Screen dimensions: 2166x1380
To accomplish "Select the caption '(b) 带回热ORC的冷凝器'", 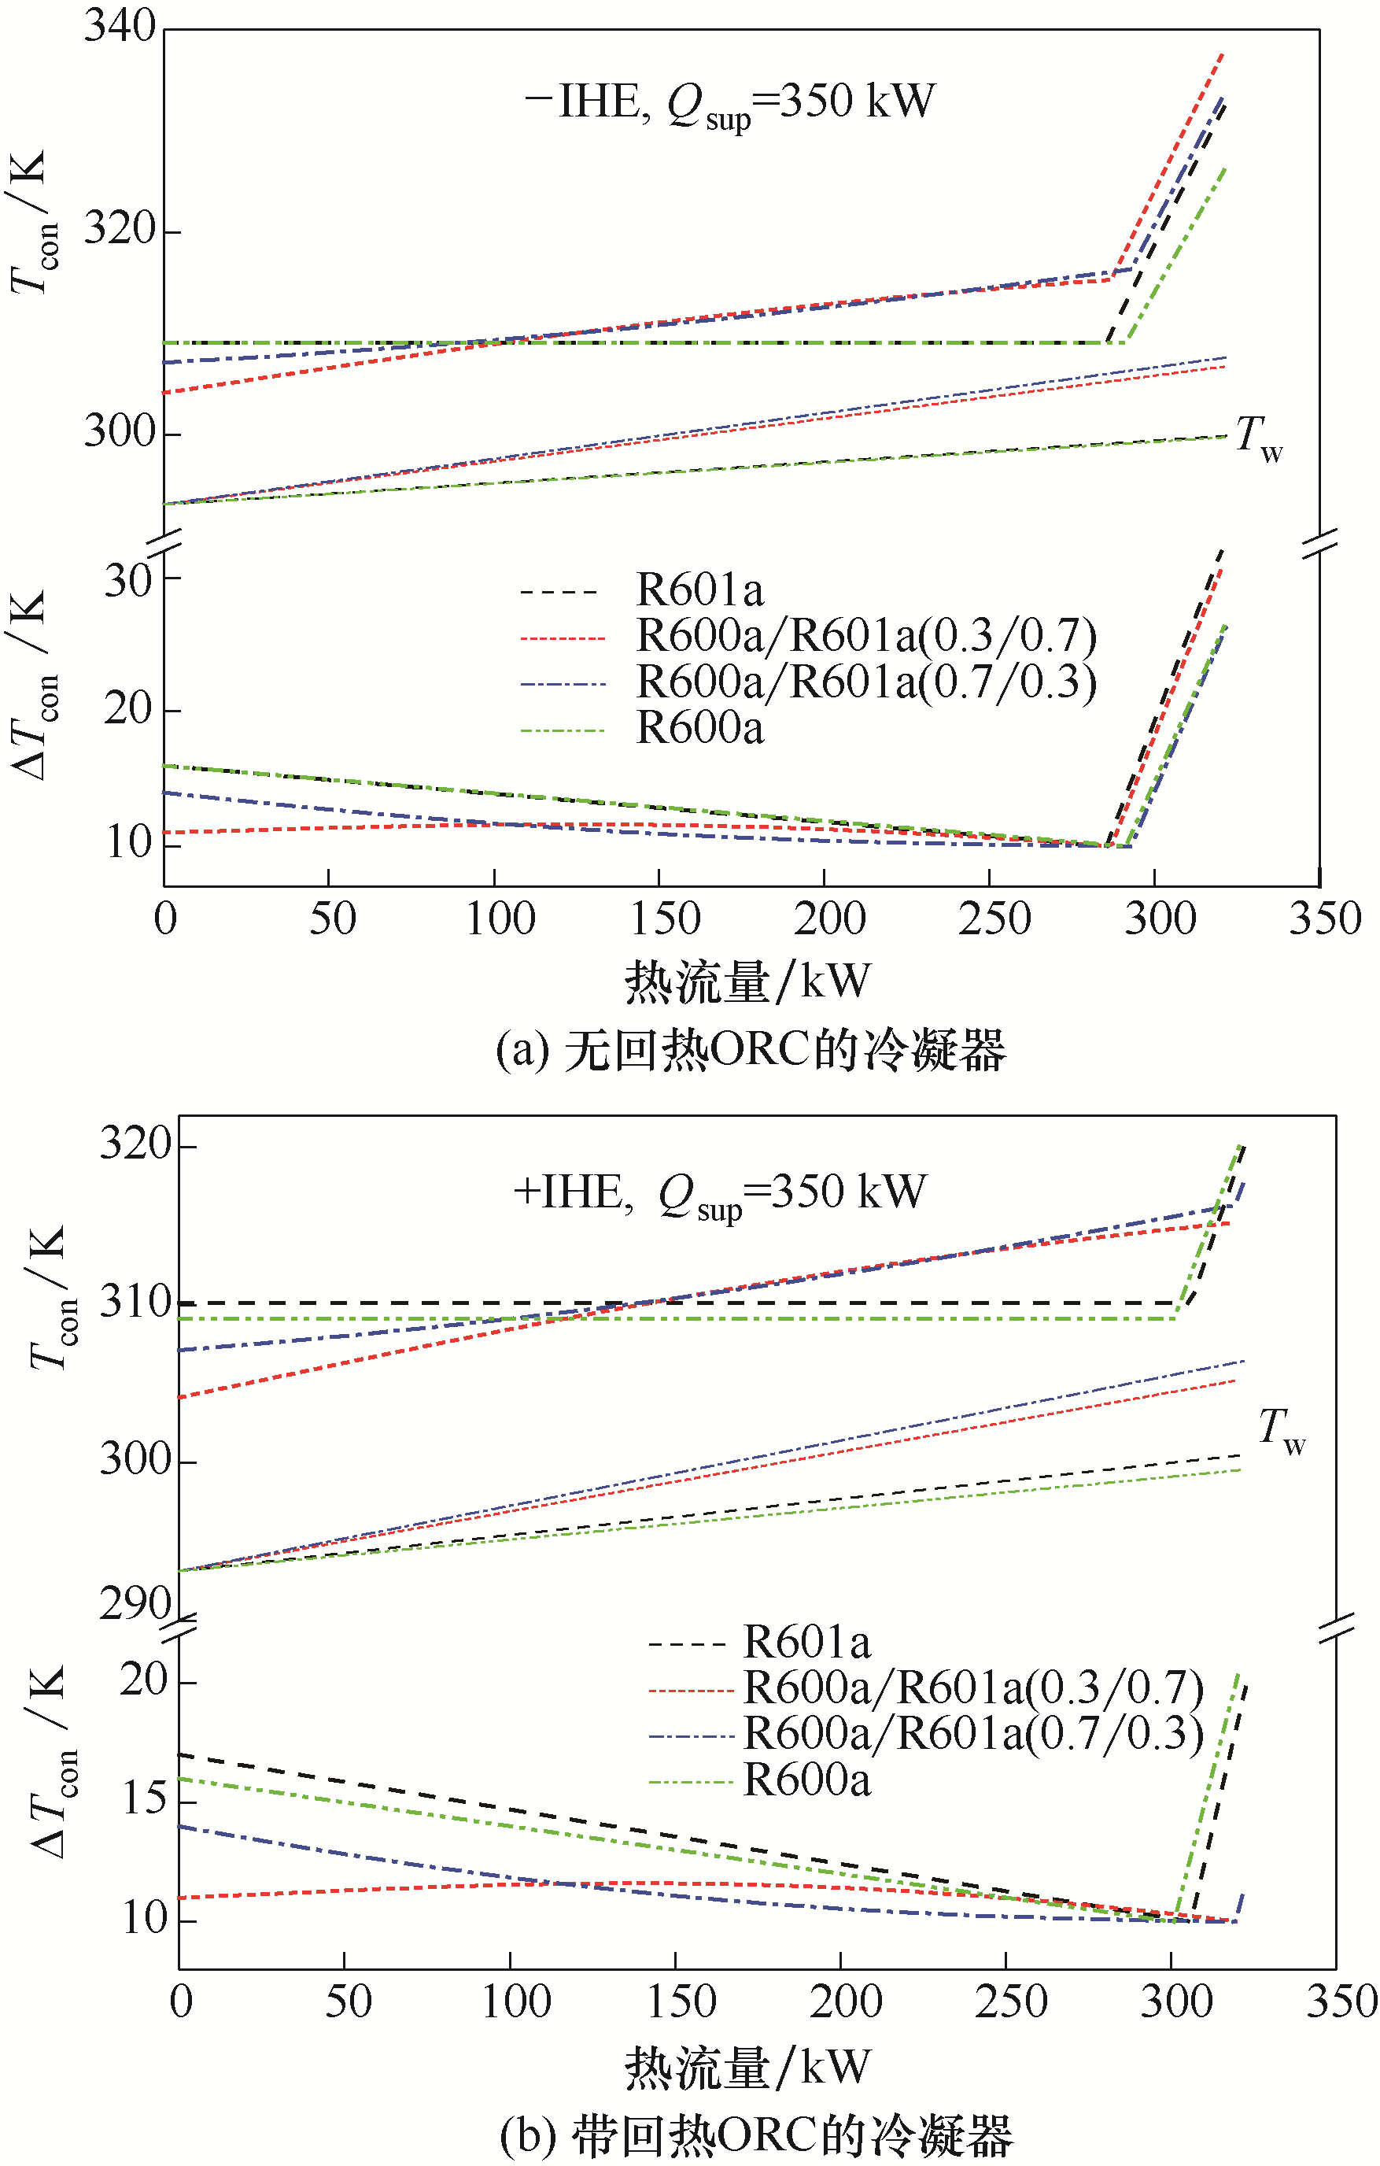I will [756, 2136].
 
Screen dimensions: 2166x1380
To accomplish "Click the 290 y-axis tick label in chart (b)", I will [135, 1602].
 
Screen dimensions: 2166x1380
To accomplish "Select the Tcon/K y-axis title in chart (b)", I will [50, 1296].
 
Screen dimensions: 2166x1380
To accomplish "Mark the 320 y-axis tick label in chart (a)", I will [120, 229].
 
